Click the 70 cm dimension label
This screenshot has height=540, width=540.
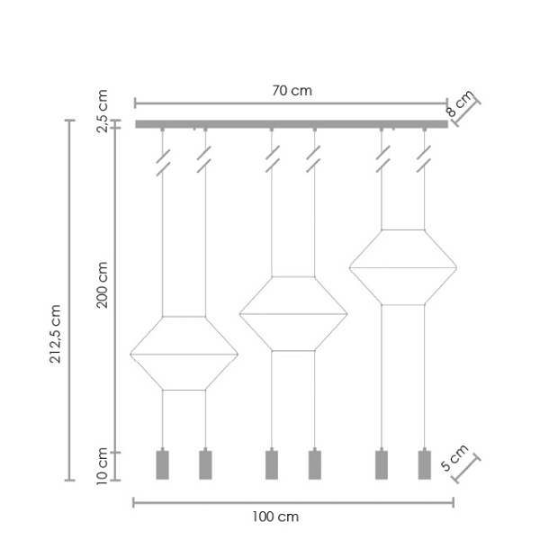[291, 90]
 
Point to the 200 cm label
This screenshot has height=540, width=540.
[103, 284]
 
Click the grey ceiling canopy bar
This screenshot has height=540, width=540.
[291, 124]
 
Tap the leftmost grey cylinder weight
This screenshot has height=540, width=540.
[162, 464]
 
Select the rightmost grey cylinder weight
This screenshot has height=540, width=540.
[424, 464]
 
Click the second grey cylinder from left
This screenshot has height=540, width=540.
[205, 464]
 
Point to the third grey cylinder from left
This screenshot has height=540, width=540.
[271, 464]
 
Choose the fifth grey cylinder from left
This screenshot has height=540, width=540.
[381, 464]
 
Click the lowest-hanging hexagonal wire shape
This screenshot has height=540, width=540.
[184, 354]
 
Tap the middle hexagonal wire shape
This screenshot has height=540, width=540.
[292, 313]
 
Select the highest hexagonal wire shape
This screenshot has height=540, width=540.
[402, 267]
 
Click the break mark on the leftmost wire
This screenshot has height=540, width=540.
[162, 166]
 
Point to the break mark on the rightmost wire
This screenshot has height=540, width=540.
[424, 166]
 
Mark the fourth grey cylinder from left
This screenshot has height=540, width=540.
[314, 464]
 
